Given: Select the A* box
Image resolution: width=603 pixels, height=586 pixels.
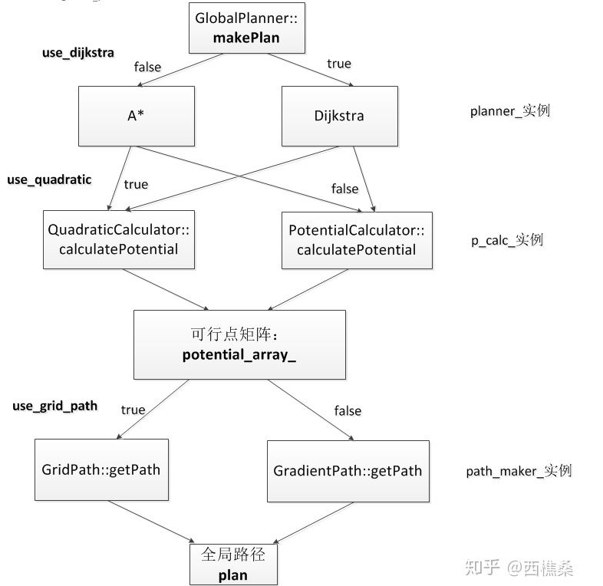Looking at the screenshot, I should click(137, 116).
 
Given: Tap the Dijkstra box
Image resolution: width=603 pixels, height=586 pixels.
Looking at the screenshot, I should click(339, 116).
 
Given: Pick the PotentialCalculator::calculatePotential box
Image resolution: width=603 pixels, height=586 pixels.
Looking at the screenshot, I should click(356, 240).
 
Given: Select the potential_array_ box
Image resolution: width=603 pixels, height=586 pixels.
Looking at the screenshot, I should click(239, 344).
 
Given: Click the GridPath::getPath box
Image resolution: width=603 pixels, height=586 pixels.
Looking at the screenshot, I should click(101, 469).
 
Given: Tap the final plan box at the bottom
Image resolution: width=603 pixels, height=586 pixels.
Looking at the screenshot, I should click(232, 563).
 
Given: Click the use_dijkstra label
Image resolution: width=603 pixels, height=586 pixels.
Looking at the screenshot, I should click(77, 53).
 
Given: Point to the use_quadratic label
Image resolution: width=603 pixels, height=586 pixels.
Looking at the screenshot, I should click(49, 179).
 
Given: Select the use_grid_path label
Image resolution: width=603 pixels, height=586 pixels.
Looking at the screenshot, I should click(54, 405).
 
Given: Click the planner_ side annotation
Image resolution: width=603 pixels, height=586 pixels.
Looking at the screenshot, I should click(509, 111).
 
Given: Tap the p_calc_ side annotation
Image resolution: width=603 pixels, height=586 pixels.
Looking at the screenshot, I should click(506, 240).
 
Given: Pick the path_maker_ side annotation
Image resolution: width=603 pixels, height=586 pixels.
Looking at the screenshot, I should click(519, 471).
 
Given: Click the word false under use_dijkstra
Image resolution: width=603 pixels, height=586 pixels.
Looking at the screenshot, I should click(147, 67).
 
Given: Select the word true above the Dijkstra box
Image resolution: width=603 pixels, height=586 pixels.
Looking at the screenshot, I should click(338, 64).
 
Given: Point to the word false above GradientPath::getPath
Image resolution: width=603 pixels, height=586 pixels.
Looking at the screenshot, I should click(347, 411).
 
